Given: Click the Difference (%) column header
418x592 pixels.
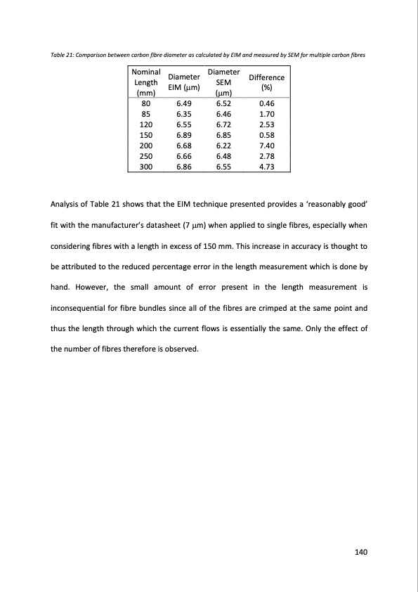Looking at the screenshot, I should pyautogui.click(x=266, y=82).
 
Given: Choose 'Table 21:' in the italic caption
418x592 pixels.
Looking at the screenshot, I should pyautogui.click(x=62, y=55).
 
